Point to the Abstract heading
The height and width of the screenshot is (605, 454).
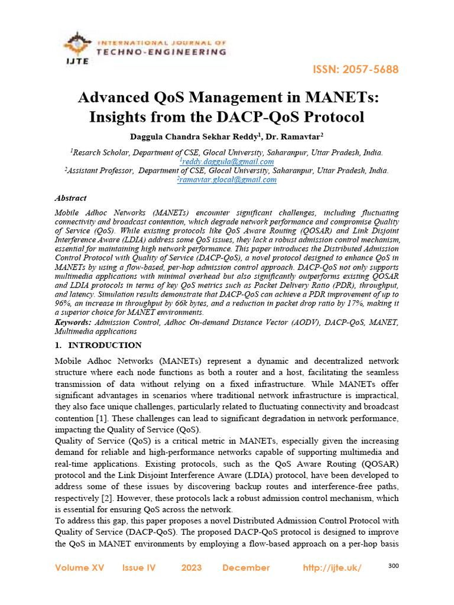pyautogui.click(x=70, y=199)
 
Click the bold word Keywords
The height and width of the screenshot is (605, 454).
pyautogui.click(x=73, y=322)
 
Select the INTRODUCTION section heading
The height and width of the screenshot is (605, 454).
pyautogui.click(x=105, y=345)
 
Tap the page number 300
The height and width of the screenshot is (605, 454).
pyautogui.click(x=394, y=566)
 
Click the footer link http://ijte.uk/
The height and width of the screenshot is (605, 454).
pyautogui.click(x=332, y=568)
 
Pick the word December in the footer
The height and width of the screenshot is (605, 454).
pyautogui.click(x=246, y=568)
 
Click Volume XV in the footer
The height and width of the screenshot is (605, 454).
pyautogui.click(x=79, y=568)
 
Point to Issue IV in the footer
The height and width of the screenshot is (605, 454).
pyautogui.click(x=139, y=568)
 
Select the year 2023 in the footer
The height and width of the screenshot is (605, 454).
pyautogui.click(x=192, y=568)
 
